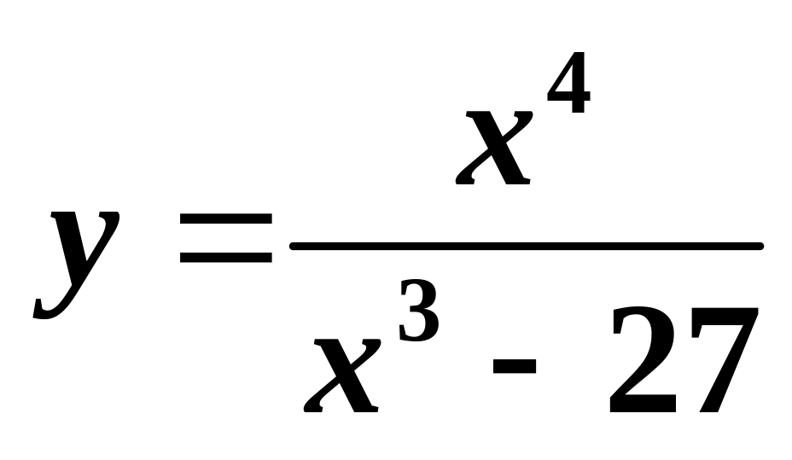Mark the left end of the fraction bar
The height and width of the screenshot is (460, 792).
coord(294,247)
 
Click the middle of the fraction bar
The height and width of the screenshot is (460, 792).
coord(526,247)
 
